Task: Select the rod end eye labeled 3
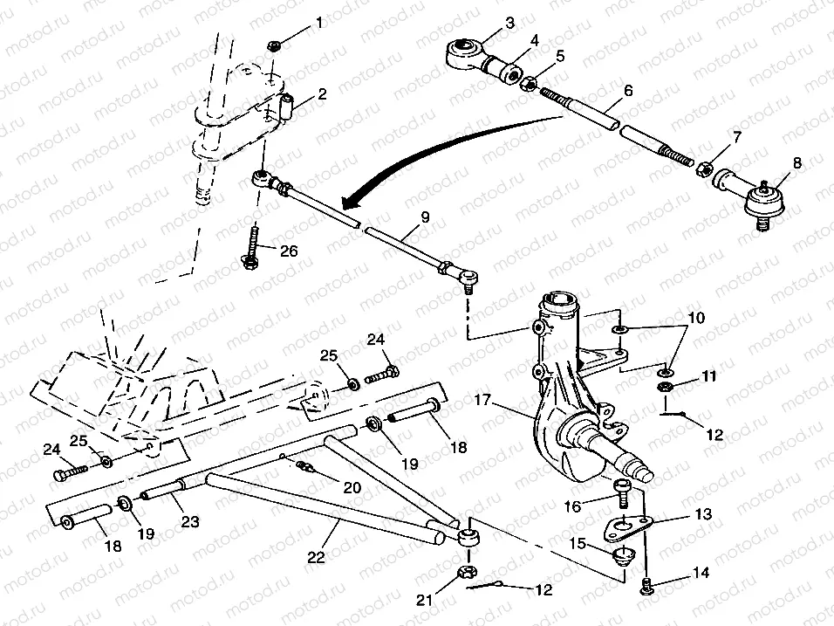point(462,52)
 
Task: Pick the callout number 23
point(189,523)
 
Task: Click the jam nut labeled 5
point(528,84)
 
